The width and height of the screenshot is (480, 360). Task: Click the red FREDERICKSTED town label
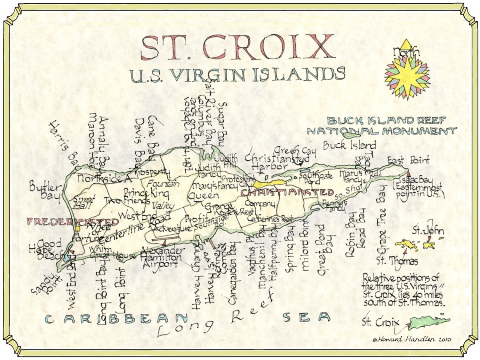73,222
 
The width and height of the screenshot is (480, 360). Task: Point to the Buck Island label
349,145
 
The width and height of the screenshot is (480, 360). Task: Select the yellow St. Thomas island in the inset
406,245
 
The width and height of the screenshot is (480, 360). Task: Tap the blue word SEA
306,317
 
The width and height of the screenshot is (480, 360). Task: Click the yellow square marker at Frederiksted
78,228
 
